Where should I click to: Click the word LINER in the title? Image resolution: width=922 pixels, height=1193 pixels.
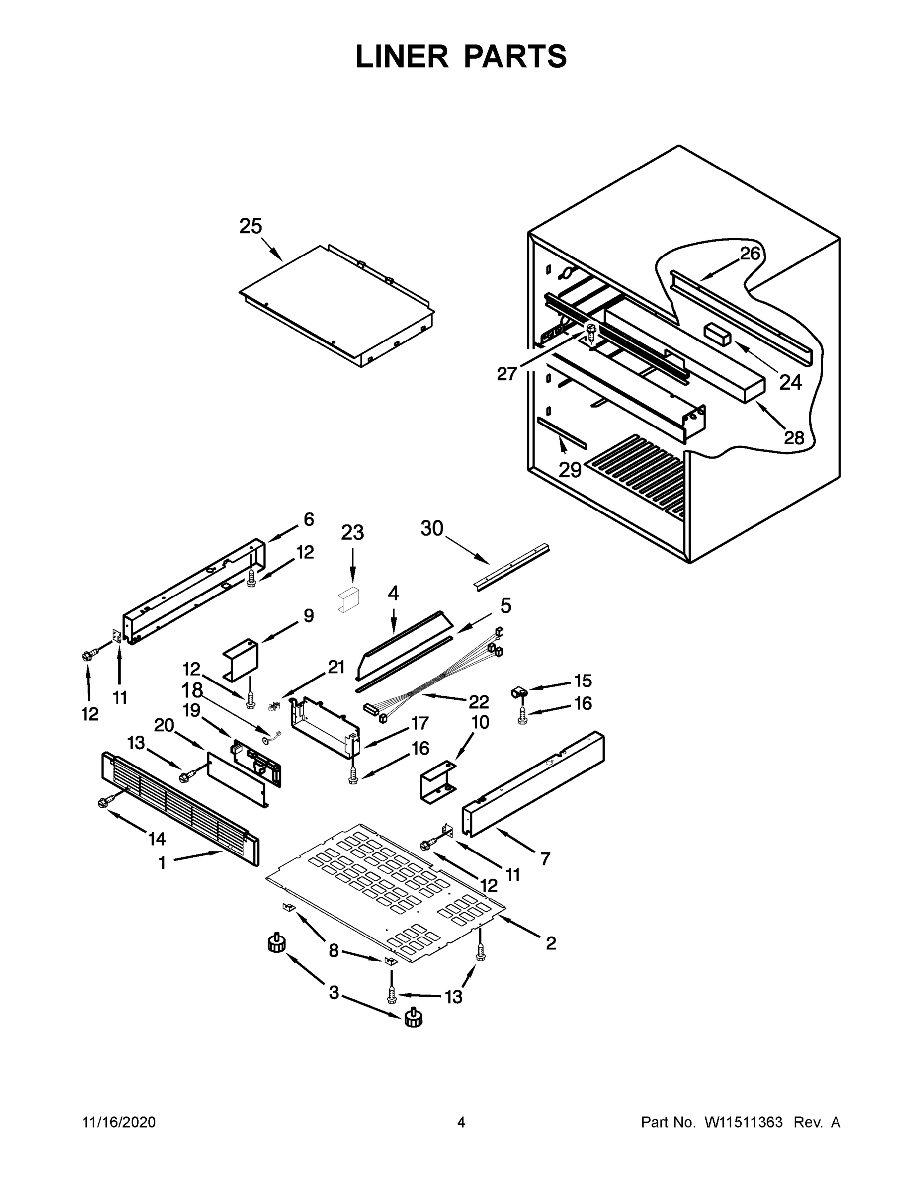pyautogui.click(x=402, y=56)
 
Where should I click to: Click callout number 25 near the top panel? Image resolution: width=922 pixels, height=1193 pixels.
pyautogui.click(x=251, y=226)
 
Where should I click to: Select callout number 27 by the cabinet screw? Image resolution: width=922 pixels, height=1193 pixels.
pyautogui.click(x=506, y=374)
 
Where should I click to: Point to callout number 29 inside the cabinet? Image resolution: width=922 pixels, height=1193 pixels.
pyautogui.click(x=570, y=470)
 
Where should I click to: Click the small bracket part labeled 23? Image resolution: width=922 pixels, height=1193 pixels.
pyautogui.click(x=348, y=601)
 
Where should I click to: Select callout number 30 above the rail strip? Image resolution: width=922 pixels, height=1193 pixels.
pyautogui.click(x=432, y=528)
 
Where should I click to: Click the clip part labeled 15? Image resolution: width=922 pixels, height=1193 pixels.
pyautogui.click(x=519, y=692)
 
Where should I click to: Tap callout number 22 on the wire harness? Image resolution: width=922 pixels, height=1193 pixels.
pyautogui.click(x=478, y=701)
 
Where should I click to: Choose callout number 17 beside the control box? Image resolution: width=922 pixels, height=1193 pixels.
pyautogui.click(x=419, y=723)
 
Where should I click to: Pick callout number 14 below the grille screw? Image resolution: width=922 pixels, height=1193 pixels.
pyautogui.click(x=157, y=839)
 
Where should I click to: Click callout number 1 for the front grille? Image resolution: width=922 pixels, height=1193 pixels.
pyautogui.click(x=162, y=863)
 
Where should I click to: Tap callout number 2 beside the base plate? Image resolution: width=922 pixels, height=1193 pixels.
pyautogui.click(x=551, y=943)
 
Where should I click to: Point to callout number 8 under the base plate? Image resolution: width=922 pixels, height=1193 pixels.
pyautogui.click(x=334, y=951)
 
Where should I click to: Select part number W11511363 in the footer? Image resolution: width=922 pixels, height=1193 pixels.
pyautogui.click(x=744, y=1122)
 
